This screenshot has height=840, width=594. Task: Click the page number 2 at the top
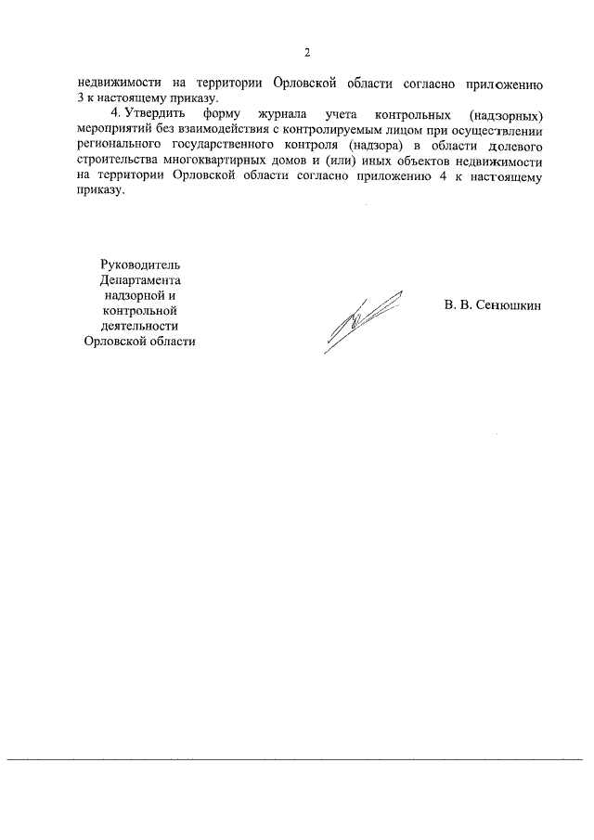point(306,52)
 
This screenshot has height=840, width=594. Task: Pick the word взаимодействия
point(215,130)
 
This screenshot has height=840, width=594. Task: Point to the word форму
point(218,114)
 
